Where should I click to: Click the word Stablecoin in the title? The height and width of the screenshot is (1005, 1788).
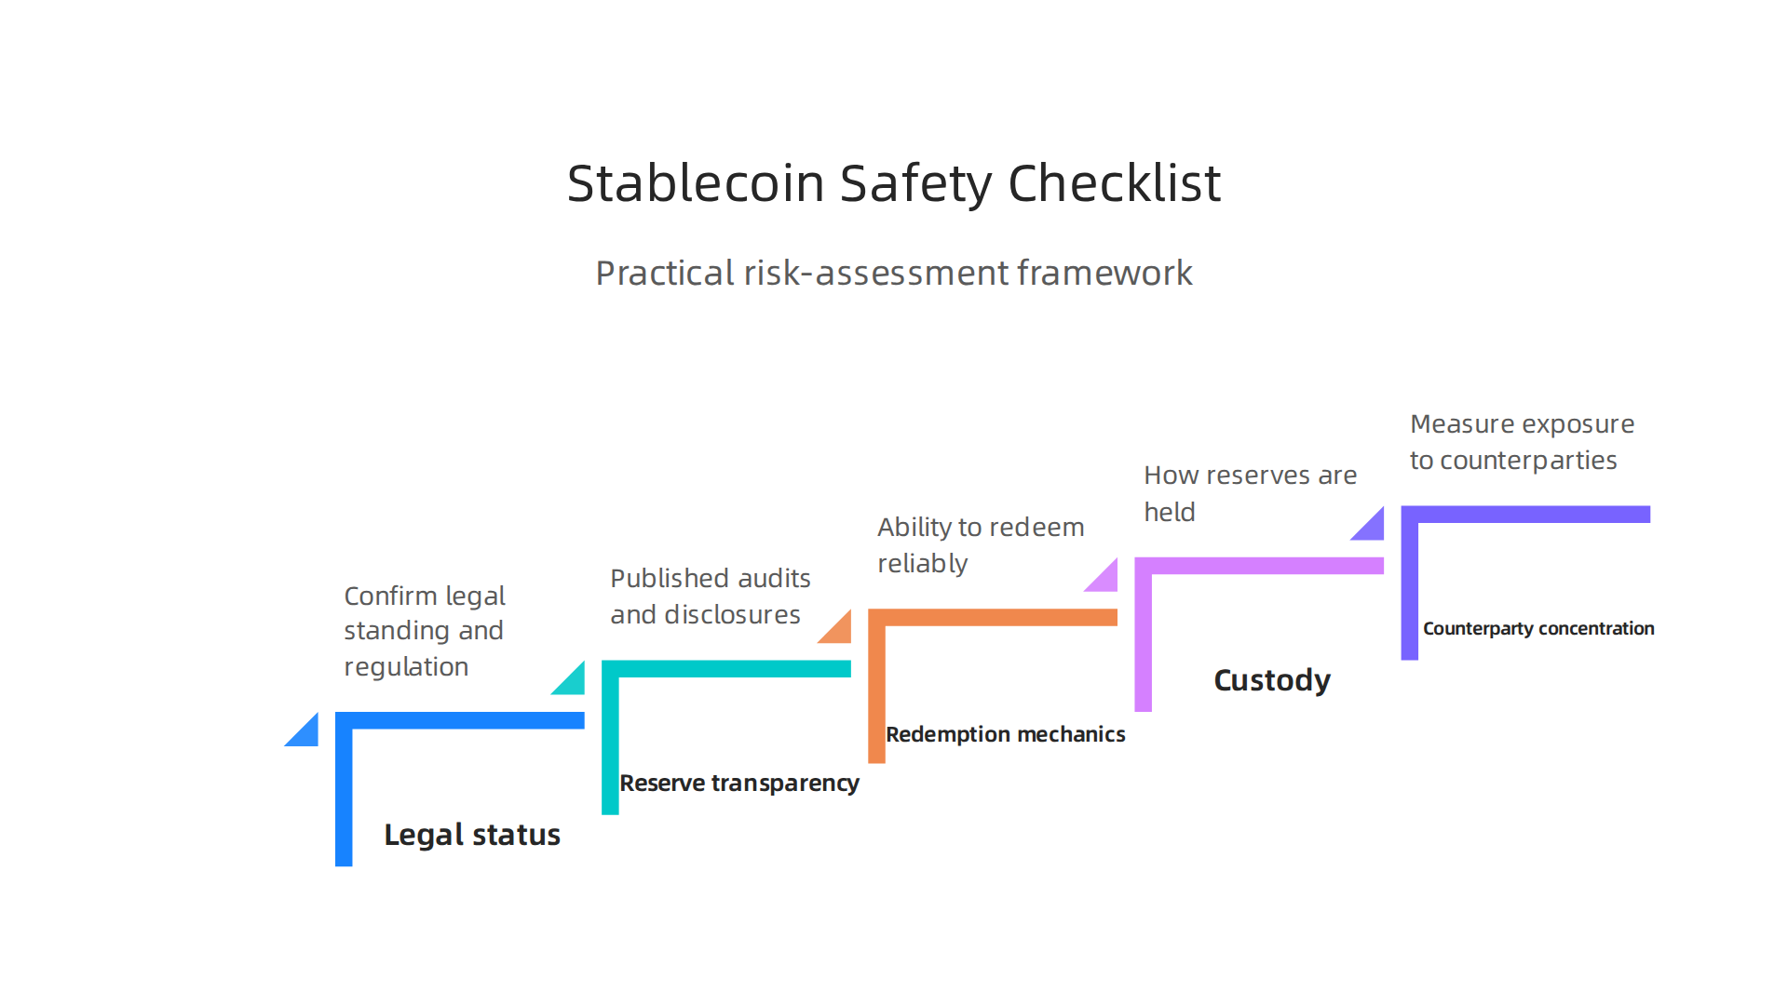pos(695,183)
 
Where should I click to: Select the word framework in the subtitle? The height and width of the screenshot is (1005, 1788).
pos(1104,274)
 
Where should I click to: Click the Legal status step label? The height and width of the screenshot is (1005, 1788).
pos(472,835)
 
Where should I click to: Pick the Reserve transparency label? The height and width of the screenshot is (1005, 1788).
pos(739,784)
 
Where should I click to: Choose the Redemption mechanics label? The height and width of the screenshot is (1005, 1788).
pos(1005,734)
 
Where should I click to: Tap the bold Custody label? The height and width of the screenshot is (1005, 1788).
pos(1272,680)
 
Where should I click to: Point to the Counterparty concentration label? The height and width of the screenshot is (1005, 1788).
pos(1538,629)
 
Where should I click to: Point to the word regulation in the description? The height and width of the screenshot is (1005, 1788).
pos(406,667)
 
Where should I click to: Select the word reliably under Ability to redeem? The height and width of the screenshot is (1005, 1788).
pos(922,564)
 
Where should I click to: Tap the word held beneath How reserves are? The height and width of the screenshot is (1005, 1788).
pos(1169,513)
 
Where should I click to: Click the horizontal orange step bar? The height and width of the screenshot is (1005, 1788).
pos(993,617)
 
